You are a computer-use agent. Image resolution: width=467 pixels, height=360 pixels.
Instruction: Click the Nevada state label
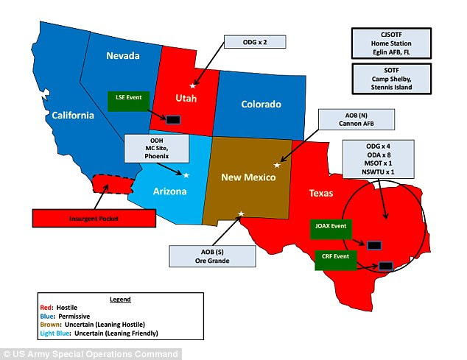coord(123,55)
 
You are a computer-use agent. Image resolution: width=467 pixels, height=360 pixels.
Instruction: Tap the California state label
coord(72,115)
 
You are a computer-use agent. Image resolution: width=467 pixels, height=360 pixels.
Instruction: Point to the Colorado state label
coord(261,105)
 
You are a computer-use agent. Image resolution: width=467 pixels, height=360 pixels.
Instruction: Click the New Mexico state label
coord(248,178)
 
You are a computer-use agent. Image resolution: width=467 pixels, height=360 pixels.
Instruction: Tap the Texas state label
coord(320,194)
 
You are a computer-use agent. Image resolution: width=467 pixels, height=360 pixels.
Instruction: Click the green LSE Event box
coord(128,102)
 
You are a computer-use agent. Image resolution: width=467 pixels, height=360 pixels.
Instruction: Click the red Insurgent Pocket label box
coord(87,219)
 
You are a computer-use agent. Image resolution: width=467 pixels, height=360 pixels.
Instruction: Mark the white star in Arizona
coord(186,174)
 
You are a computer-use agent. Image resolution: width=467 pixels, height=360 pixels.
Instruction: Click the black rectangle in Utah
coord(173,119)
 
